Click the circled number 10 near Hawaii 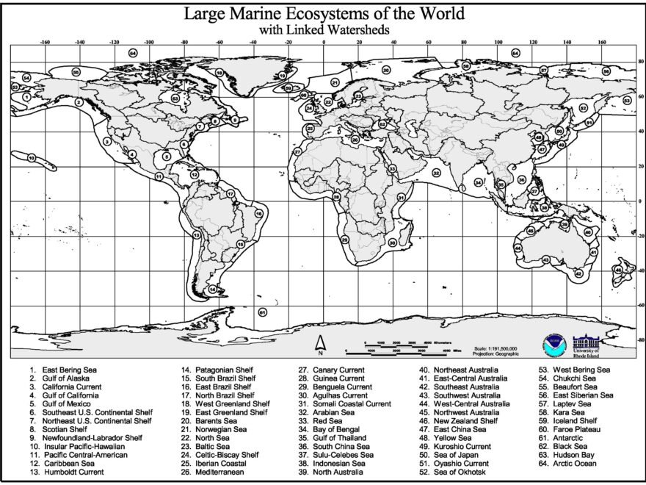(32, 157)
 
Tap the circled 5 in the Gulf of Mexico (167, 156)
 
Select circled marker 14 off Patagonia (212, 290)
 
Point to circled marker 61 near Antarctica (262, 312)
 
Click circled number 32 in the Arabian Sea (436, 173)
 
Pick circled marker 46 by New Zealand (618, 270)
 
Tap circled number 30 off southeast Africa (392, 242)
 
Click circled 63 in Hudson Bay (175, 98)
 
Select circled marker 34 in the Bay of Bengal (478, 182)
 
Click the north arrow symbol (321, 342)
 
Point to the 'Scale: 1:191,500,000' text (496, 348)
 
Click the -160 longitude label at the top (46, 43)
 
